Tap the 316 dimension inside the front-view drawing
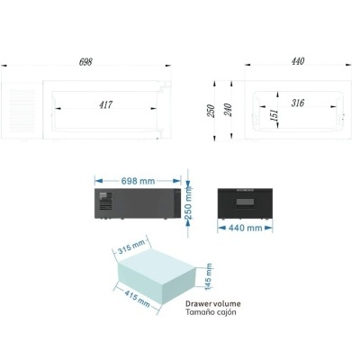tap(298, 103)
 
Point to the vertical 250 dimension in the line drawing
tap(210, 109)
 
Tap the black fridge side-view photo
tap(135, 203)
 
